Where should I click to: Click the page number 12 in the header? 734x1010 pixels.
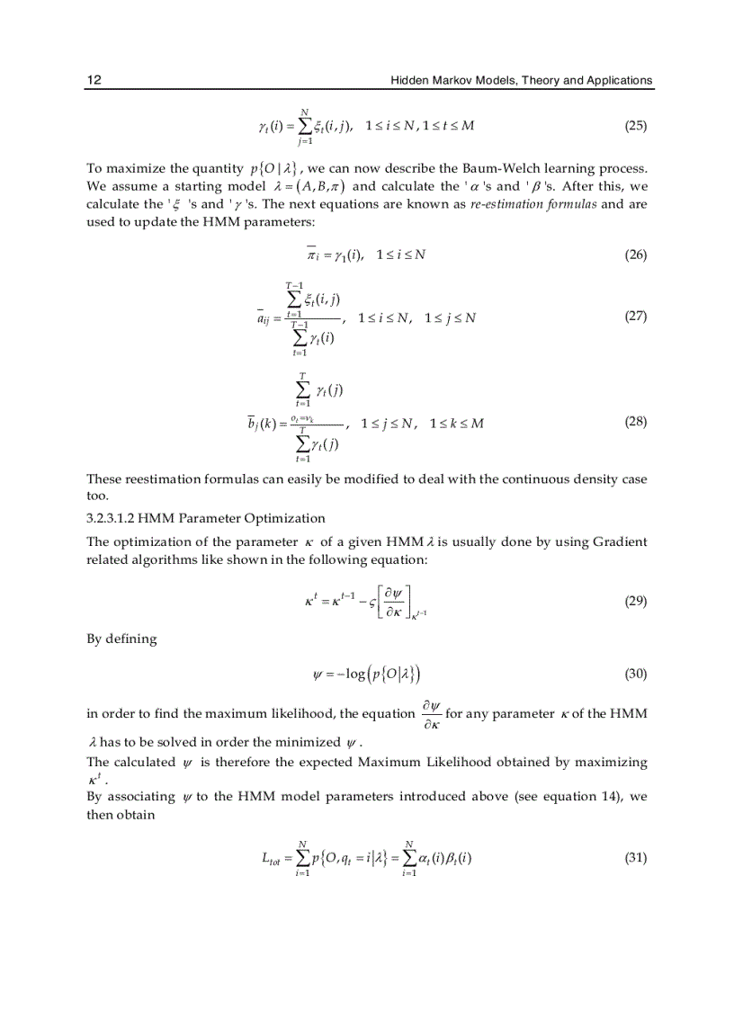pos(93,80)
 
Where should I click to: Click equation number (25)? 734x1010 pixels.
pos(635,126)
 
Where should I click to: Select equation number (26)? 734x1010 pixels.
pos(635,255)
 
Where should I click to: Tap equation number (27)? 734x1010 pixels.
pos(635,317)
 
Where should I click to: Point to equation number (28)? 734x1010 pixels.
pos(635,422)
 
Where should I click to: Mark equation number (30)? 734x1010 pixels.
pos(635,673)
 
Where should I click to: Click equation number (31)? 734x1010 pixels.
pos(635,857)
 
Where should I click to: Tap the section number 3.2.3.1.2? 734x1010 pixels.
pos(119,518)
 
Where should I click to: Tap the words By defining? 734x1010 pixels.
pos(121,639)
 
